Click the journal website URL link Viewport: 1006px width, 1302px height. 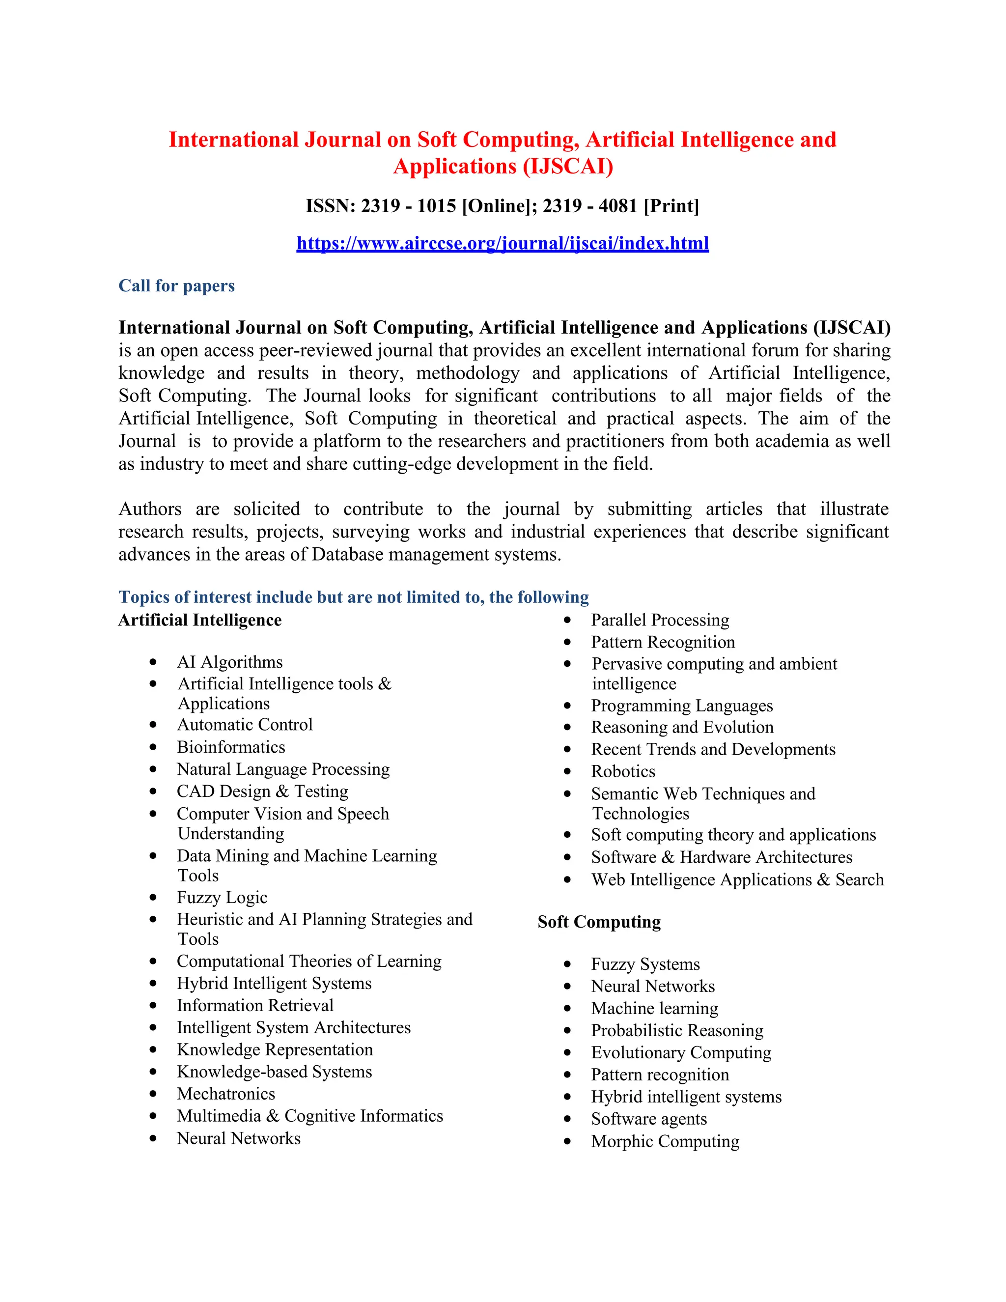point(503,243)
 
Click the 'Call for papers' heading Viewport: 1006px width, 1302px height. point(176,285)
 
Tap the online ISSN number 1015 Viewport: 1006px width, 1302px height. point(436,206)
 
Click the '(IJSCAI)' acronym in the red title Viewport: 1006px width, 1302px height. point(568,167)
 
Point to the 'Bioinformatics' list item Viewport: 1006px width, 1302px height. point(231,747)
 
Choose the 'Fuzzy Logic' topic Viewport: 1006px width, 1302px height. point(222,897)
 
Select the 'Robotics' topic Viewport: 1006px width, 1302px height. point(623,771)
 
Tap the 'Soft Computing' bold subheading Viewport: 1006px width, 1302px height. point(599,922)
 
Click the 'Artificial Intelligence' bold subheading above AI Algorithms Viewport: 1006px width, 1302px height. point(199,620)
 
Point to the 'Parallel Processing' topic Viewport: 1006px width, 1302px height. point(660,620)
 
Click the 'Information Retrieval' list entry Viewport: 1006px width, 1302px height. point(255,1005)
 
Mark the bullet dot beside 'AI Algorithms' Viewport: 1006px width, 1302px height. point(153,662)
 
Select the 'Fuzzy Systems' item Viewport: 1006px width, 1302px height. point(645,964)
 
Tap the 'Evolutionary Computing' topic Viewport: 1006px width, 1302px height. point(681,1052)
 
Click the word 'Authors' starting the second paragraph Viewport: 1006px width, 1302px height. point(150,509)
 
